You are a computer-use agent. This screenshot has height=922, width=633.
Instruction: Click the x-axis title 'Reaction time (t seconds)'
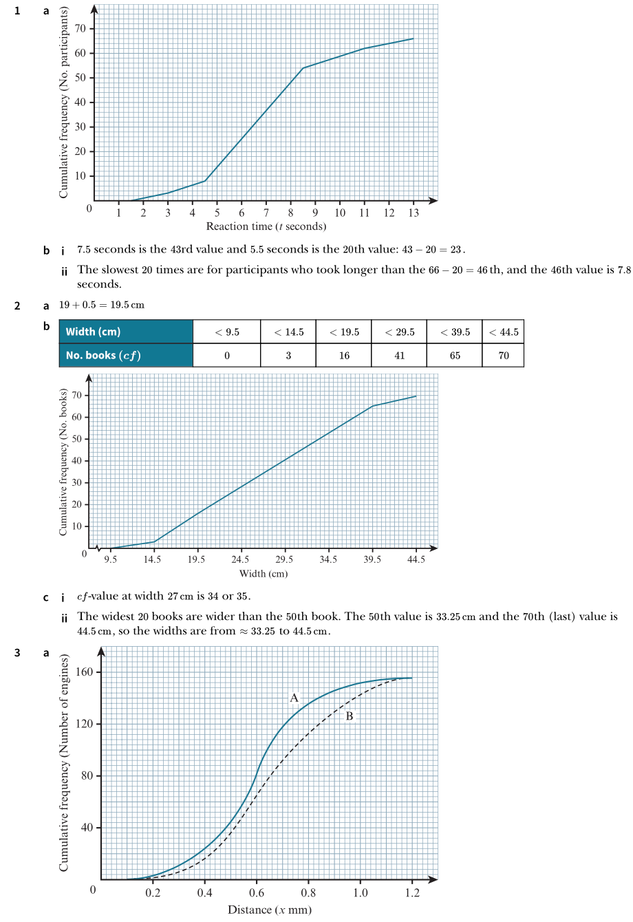click(x=266, y=226)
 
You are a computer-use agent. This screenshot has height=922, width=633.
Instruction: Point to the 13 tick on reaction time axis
click(x=414, y=213)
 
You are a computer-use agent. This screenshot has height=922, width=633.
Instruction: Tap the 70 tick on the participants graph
click(x=80, y=28)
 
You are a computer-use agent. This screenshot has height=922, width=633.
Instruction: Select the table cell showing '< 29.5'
click(x=399, y=332)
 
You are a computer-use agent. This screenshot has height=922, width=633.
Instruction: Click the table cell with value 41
click(x=399, y=355)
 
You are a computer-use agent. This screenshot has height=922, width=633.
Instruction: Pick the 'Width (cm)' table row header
click(x=126, y=332)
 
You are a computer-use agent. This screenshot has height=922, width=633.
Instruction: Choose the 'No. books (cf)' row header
click(x=126, y=355)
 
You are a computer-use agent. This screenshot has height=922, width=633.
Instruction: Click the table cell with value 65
click(x=455, y=355)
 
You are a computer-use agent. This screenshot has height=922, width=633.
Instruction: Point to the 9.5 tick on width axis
click(x=110, y=560)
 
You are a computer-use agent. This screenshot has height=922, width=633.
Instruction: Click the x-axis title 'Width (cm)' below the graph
click(x=263, y=574)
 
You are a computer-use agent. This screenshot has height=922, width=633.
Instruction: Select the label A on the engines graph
click(x=294, y=698)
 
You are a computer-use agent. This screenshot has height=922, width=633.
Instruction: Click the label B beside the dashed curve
click(x=349, y=716)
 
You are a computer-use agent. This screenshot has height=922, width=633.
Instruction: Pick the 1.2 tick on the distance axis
click(x=412, y=893)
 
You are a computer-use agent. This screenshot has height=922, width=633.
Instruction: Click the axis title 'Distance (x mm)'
click(x=269, y=910)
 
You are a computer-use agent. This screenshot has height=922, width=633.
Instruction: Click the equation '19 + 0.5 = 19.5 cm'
click(x=102, y=305)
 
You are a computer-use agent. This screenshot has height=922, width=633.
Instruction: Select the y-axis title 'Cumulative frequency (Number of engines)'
click(x=64, y=763)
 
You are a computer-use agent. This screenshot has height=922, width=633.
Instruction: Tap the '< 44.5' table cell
click(x=503, y=332)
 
